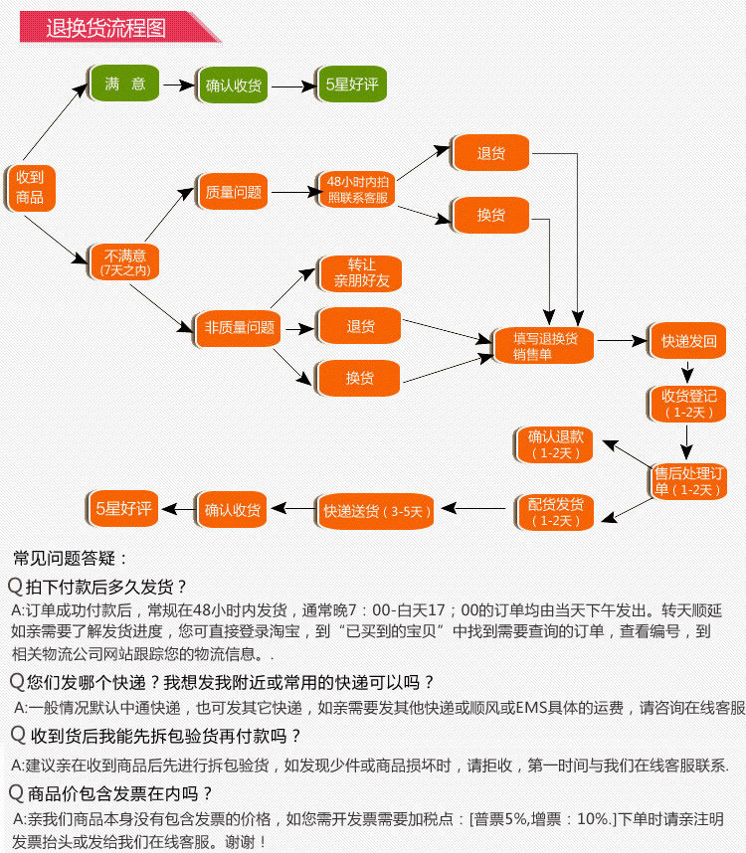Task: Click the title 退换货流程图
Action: pyautogui.click(x=105, y=28)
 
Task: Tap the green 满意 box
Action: pyautogui.click(x=125, y=85)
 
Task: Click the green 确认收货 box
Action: pyautogui.click(x=234, y=85)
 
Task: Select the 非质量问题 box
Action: pyautogui.click(x=239, y=327)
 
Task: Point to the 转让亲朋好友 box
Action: pyautogui.click(x=359, y=273)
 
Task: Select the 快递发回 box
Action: pyautogui.click(x=688, y=341)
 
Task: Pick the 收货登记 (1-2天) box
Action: pyautogui.click(x=688, y=403)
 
